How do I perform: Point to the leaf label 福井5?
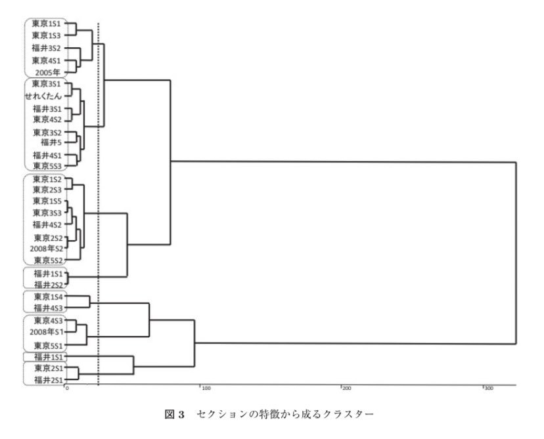pos(51,141)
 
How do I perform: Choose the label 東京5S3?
pos(47,166)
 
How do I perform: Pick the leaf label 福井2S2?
pos(47,284)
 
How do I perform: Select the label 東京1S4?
pos(47,297)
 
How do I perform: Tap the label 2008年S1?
pos(45,332)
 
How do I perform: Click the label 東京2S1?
pos(47,369)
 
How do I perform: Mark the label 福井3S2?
pos(47,48)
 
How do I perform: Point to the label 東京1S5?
pos(47,201)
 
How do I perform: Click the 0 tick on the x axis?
pos(66,388)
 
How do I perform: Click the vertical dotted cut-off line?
pos(98,197)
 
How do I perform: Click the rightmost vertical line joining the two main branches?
pos(516,253)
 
